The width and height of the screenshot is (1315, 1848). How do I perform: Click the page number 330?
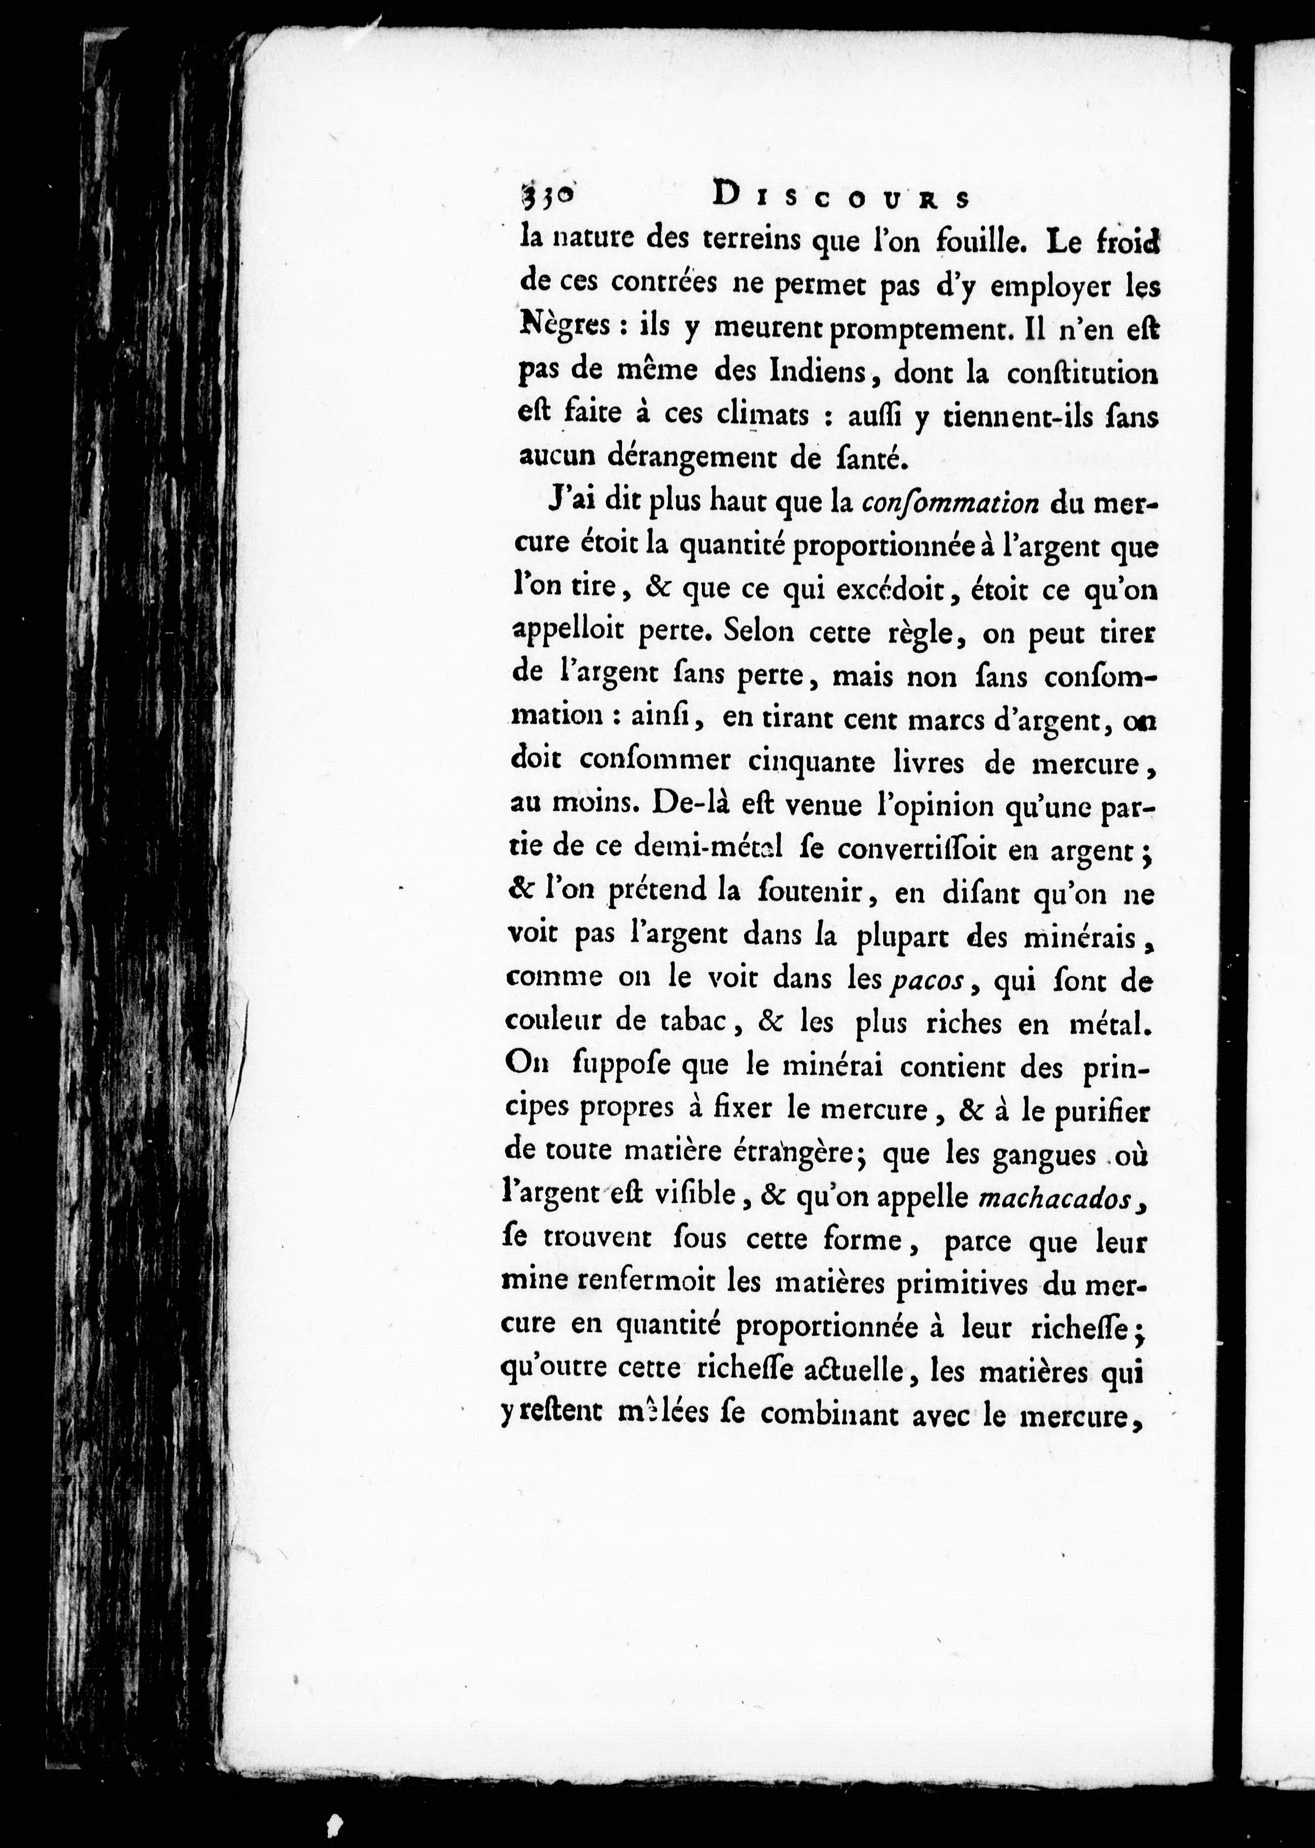546,197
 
